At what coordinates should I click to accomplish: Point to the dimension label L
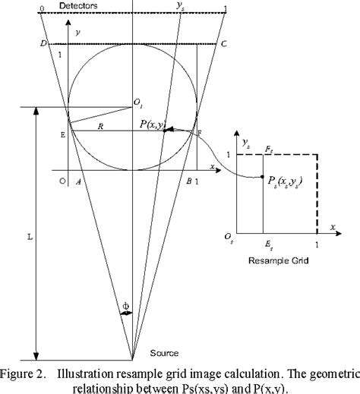pos(29,236)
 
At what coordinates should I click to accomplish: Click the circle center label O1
pos(137,102)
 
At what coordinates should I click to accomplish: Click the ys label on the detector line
pos(180,8)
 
